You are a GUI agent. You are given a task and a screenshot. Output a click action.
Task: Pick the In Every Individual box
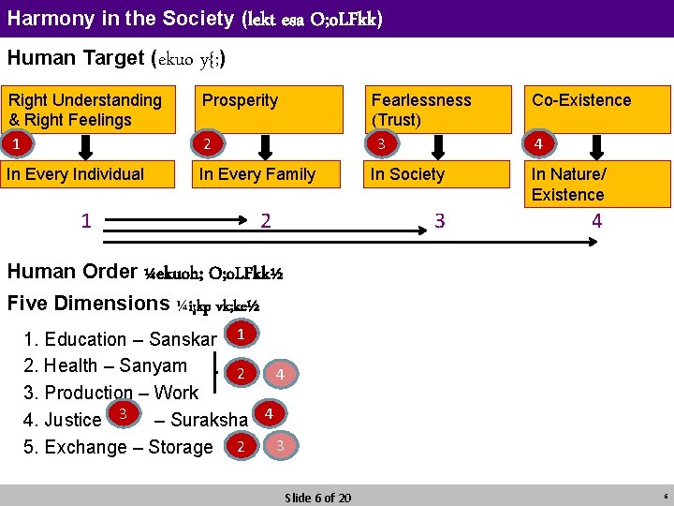coord(88,174)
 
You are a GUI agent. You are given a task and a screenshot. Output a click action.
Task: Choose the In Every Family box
coord(267,174)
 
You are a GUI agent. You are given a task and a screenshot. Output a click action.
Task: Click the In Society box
coord(436,174)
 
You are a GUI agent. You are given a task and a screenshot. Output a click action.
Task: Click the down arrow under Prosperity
coord(265,146)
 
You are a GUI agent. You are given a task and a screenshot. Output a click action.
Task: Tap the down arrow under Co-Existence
coord(595,146)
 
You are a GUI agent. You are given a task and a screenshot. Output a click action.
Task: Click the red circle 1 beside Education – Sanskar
coord(242,334)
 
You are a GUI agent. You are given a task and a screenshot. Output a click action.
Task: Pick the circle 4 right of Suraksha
coord(269,412)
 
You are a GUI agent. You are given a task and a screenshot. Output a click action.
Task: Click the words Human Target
coord(76,58)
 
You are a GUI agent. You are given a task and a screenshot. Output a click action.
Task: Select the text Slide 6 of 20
coord(317,497)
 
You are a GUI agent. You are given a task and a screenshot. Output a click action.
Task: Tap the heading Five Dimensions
coord(88,304)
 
